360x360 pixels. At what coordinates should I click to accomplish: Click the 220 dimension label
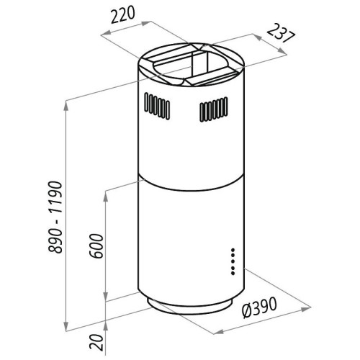[x=123, y=15]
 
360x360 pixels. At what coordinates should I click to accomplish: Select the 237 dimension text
[x=281, y=33]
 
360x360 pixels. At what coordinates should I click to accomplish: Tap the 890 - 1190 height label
[x=55, y=217]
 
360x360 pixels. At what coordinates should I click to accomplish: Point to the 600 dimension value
[x=96, y=246]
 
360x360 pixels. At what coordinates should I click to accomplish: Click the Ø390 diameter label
[x=260, y=307]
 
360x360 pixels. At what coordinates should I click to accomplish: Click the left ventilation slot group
[x=157, y=106]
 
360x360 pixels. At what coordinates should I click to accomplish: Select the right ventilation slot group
[x=214, y=109]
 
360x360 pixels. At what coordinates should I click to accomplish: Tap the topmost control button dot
[x=233, y=250]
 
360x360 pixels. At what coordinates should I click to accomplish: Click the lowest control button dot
[x=233, y=274]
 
